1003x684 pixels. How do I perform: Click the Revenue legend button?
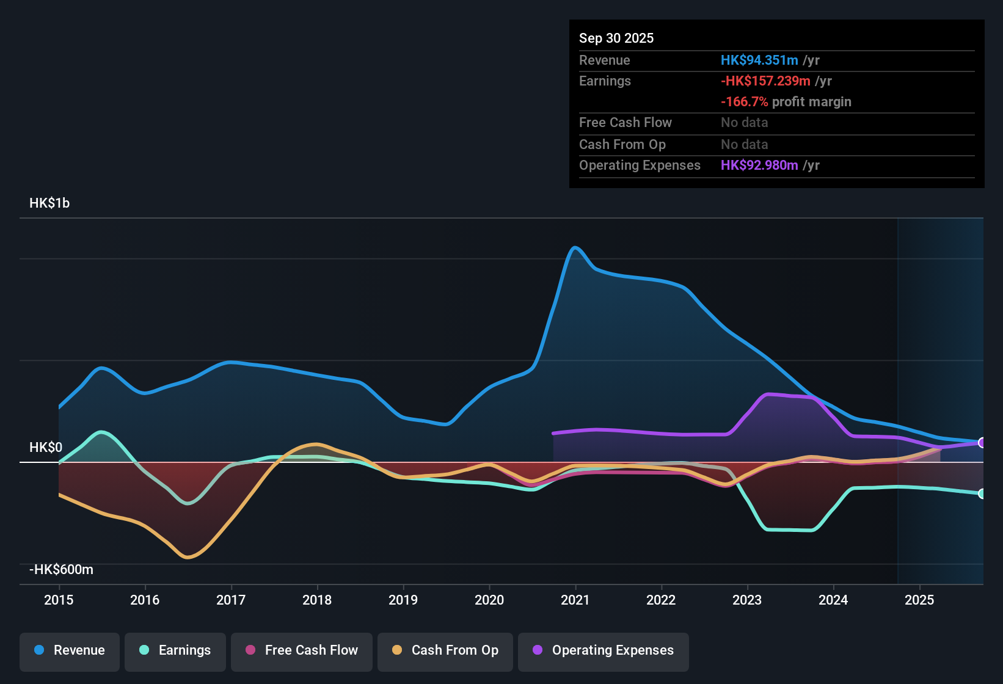coord(70,650)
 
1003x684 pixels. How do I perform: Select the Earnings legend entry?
coord(175,650)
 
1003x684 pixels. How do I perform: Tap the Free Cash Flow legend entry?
coord(302,650)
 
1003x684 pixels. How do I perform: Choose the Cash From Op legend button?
coord(445,650)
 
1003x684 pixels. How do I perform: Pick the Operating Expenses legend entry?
coord(604,650)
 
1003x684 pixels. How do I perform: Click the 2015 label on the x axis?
coord(59,600)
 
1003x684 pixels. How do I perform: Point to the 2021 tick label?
coord(575,600)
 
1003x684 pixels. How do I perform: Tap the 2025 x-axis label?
coord(919,600)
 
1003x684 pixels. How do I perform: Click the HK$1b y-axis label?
coord(49,203)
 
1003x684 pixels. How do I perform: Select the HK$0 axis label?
coord(46,447)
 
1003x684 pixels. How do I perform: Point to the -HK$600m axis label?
coord(61,569)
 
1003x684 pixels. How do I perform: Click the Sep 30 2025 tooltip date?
coord(616,38)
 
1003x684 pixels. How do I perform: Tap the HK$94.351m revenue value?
coord(759,60)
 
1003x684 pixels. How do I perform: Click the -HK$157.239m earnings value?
coord(765,81)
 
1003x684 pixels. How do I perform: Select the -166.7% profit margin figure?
coord(744,101)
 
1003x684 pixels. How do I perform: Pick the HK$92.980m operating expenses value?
coord(759,165)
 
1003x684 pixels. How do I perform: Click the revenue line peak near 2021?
coord(574,247)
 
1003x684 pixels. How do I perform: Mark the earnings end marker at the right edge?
coord(981,493)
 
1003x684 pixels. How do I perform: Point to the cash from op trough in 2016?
coord(188,557)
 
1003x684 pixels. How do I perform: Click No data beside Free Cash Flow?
coord(744,122)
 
